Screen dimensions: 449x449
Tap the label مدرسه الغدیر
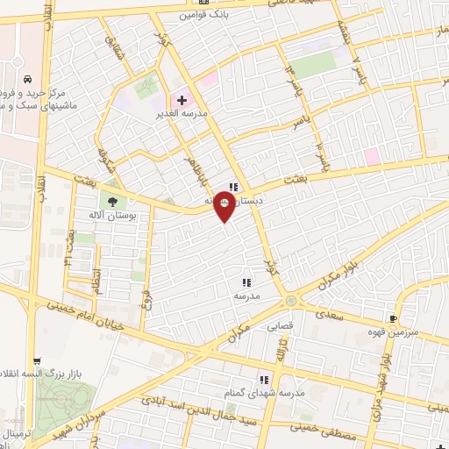click(x=182, y=114)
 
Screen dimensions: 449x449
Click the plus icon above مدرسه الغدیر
click(x=182, y=101)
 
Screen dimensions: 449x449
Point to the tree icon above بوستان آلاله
click(x=111, y=201)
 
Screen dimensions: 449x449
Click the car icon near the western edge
click(x=29, y=76)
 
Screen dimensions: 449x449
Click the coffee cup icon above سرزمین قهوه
click(x=394, y=317)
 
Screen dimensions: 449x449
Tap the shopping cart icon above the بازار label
click(x=35, y=361)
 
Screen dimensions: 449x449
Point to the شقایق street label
click(x=113, y=43)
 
